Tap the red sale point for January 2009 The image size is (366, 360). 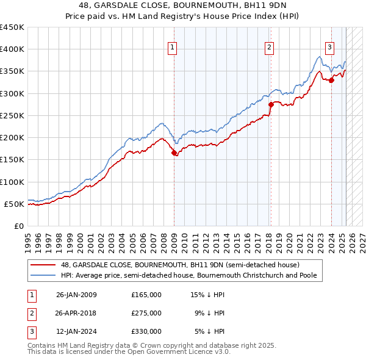tap(174, 153)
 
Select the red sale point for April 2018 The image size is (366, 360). tap(271, 104)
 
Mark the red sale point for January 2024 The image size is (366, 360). tap(331, 80)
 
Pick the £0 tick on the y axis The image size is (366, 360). tap(20, 226)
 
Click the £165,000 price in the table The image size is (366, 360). tap(146, 295)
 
